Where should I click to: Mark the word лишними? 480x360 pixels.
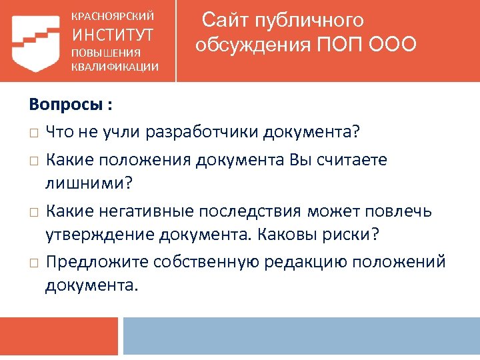[86, 183]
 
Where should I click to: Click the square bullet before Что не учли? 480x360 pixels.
[33, 133]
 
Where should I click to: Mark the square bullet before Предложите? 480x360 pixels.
[33, 262]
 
